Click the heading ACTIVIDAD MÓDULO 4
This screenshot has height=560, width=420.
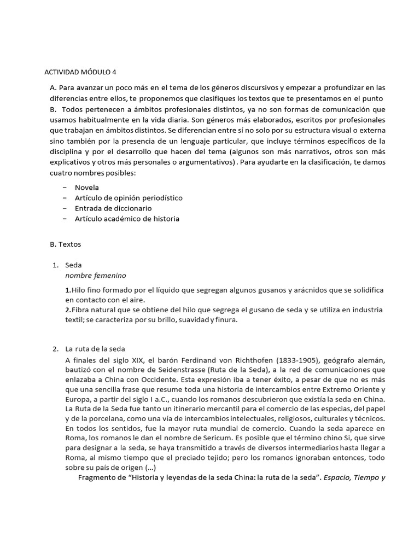tap(80, 72)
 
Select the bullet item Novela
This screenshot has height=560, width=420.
tap(87, 187)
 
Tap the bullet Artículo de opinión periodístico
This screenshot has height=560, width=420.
tap(129, 197)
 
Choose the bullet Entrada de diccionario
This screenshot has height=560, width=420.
tap(113, 208)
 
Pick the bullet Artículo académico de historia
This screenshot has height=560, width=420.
tap(127, 219)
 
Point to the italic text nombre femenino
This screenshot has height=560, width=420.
tap(95, 275)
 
